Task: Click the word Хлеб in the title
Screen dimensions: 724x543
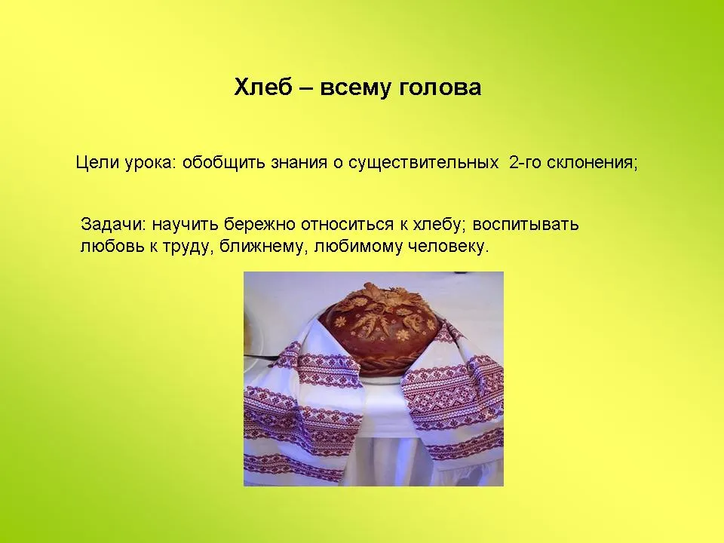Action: coord(262,87)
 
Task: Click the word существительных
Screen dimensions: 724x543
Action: coord(423,164)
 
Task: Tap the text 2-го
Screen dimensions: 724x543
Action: coord(526,163)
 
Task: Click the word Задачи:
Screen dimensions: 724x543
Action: coord(114,225)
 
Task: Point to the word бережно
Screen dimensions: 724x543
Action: coord(259,225)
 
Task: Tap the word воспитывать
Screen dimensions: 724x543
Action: coord(526,225)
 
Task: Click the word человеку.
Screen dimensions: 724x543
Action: coord(447,247)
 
